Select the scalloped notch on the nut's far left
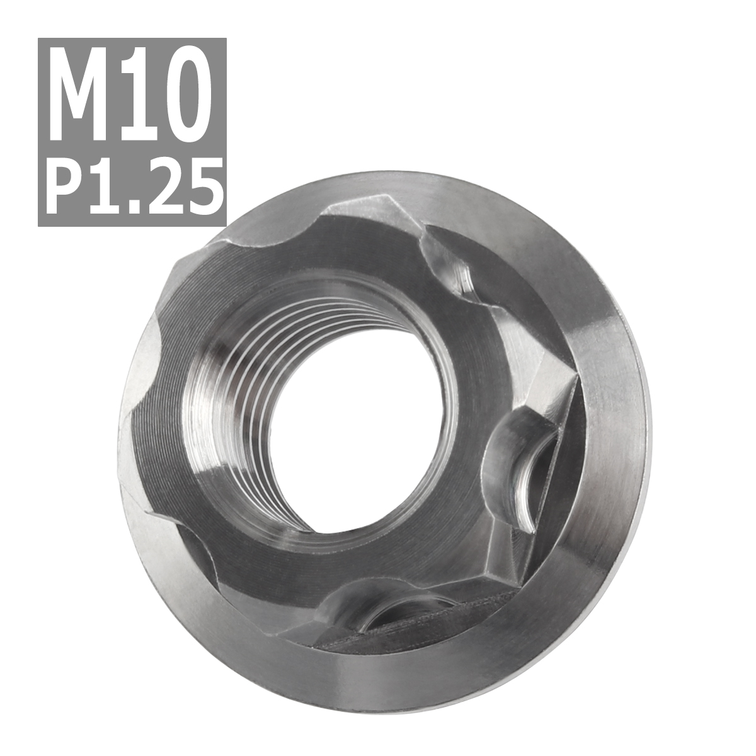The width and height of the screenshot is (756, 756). click(x=142, y=372)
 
